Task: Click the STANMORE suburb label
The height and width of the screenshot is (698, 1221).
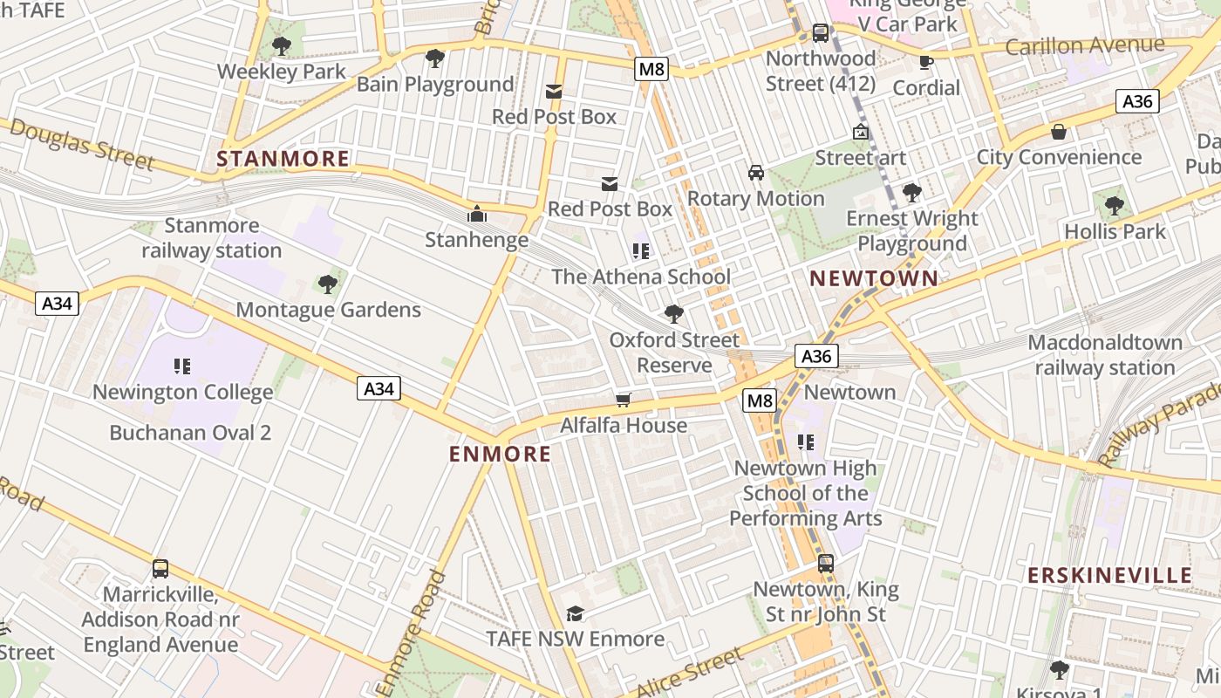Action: tap(283, 159)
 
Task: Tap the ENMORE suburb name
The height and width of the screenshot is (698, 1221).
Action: tap(500, 454)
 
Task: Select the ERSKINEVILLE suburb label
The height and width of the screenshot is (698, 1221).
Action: tap(1109, 575)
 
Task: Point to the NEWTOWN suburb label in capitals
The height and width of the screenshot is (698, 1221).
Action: tap(874, 278)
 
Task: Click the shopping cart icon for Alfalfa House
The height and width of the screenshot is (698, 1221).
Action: tap(623, 400)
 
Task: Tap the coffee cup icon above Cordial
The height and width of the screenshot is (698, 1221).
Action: tap(926, 62)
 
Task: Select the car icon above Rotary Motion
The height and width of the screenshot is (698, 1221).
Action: tap(755, 173)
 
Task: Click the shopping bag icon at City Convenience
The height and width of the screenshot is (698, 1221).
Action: tap(1059, 132)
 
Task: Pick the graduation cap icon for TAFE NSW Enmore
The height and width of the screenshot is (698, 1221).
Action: tap(575, 613)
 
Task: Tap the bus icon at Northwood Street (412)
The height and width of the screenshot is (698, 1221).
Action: tap(820, 33)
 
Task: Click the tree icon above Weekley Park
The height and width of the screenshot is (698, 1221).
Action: tap(281, 46)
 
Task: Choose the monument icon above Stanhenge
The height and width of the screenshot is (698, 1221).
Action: tap(476, 214)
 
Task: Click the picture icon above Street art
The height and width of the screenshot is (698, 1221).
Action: tap(861, 133)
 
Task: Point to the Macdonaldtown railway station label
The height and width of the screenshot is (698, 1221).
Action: tap(1105, 354)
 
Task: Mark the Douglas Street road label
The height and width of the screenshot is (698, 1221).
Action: tap(84, 145)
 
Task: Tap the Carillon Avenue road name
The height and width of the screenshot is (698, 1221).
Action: tap(1084, 45)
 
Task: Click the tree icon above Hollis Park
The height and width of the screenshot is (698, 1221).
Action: tap(1114, 206)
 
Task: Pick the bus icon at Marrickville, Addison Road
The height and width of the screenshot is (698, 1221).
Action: tap(160, 569)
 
